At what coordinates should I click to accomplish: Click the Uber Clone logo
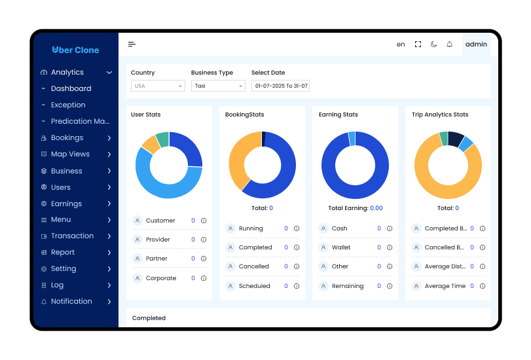(75, 50)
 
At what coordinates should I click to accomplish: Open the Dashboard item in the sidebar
(71, 88)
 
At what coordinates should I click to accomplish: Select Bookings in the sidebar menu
(67, 138)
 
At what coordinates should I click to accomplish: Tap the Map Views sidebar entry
(70, 154)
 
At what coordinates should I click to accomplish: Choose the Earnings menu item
(66, 204)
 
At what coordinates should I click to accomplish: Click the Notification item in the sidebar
(71, 302)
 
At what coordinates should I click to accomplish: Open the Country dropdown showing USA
(158, 86)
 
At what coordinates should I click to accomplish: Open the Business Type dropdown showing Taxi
(218, 86)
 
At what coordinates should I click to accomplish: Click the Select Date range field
(280, 86)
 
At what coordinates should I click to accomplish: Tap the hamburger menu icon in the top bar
(132, 45)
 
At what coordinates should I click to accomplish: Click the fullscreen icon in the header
(418, 45)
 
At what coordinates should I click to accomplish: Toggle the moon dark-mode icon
(433, 45)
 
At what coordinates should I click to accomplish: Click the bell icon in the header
(449, 45)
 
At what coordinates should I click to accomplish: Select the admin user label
(476, 45)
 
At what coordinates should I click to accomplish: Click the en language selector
(401, 45)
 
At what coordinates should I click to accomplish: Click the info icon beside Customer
(204, 221)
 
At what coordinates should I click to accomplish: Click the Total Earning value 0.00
(376, 208)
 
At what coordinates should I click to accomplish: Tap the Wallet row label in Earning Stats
(340, 247)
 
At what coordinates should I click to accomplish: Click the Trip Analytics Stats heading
(440, 115)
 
